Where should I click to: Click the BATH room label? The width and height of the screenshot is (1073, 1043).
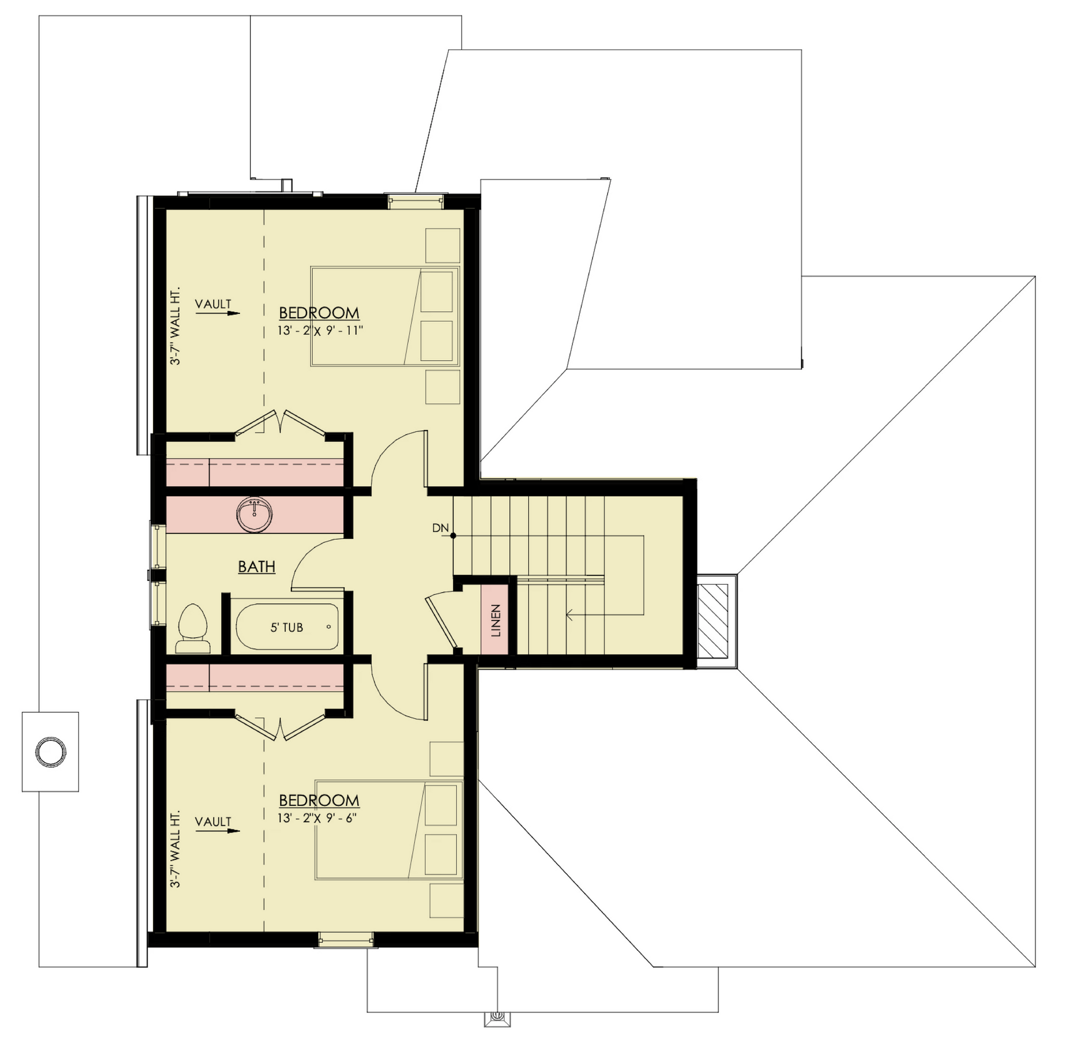(256, 567)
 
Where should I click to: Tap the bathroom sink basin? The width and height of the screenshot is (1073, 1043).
(254, 515)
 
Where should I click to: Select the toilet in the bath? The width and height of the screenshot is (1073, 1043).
(193, 629)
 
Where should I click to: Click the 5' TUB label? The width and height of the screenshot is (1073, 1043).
(286, 628)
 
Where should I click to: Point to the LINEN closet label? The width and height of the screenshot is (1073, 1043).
(496, 620)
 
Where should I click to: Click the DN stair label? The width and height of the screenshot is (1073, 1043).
(440, 528)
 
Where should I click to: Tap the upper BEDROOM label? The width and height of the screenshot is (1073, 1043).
(319, 313)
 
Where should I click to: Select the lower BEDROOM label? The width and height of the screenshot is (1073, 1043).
(319, 800)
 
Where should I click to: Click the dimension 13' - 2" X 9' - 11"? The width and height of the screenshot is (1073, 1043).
(320, 331)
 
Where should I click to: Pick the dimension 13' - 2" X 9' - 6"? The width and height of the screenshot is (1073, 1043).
(318, 818)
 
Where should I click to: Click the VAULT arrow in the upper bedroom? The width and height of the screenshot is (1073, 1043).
(226, 314)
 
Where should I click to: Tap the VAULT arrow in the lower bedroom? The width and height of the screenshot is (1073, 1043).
(226, 831)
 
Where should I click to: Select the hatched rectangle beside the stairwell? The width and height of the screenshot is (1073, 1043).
(712, 621)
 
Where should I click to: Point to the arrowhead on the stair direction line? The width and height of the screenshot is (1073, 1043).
(570, 615)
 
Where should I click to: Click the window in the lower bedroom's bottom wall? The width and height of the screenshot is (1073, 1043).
(346, 941)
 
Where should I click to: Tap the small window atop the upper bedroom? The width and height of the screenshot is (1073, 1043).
(415, 201)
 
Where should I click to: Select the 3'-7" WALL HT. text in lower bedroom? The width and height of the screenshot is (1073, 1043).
(175, 849)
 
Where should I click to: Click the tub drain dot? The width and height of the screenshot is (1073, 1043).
(329, 627)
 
